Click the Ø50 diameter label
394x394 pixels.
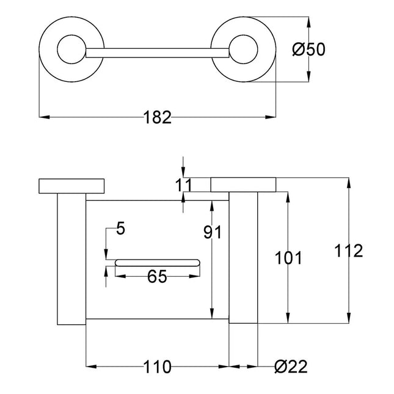[309, 49]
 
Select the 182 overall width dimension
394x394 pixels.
[158, 117]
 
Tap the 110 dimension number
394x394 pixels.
[158, 367]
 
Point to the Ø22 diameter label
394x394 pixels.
[291, 367]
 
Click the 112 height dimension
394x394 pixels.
[349, 250]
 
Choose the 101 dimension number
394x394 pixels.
[288, 258]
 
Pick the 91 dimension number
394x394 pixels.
[213, 232]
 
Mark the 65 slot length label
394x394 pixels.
[157, 276]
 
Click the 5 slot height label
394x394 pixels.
[120, 229]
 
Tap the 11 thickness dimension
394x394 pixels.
[183, 185]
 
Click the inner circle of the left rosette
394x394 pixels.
[71, 49]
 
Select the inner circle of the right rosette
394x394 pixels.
[243, 49]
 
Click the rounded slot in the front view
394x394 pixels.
[158, 263]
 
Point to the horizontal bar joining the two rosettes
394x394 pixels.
[158, 53]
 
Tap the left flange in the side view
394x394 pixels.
[71, 186]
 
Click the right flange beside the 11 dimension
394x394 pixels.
[243, 184]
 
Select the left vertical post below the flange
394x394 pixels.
[71, 259]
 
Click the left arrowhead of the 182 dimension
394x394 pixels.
[44, 117]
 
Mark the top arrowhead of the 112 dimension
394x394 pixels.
[349, 183]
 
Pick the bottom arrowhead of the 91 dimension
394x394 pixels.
[213, 313]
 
